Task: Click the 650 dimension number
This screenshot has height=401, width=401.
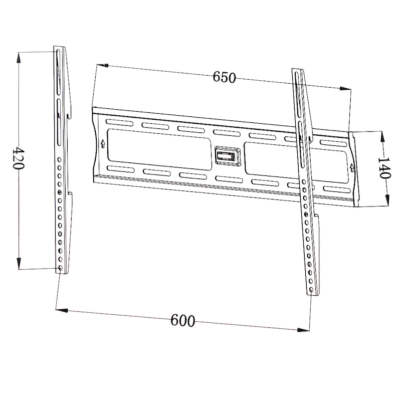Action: [224, 77]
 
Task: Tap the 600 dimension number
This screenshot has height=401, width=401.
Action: [182, 320]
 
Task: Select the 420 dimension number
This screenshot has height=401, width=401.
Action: [18, 158]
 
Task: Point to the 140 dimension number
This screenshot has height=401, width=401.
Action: [384, 168]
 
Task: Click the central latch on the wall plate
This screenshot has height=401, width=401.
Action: [228, 156]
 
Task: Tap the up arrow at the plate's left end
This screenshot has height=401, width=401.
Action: [103, 144]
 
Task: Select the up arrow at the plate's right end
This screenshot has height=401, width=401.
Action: [352, 167]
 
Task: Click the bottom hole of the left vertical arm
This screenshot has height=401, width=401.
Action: [60, 268]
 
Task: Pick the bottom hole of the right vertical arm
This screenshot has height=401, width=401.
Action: [311, 290]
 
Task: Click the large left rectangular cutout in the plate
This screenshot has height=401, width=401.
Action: [159, 149]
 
